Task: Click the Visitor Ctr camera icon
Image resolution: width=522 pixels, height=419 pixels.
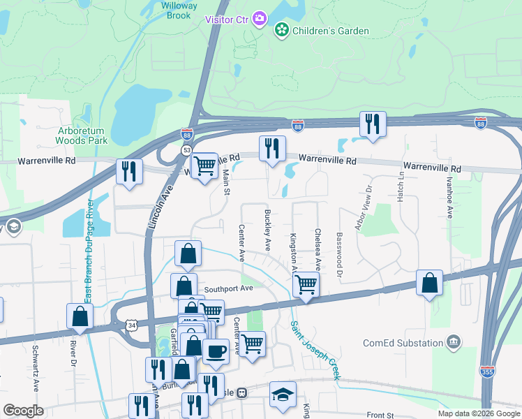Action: click(260, 18)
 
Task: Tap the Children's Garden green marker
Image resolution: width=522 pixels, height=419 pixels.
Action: click(281, 30)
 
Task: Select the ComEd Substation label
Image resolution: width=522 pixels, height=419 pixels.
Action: click(403, 343)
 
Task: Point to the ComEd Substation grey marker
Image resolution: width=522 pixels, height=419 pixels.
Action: click(454, 342)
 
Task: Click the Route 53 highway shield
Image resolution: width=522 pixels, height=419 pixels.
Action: click(187, 149)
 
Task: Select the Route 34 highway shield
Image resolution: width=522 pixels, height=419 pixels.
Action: click(133, 324)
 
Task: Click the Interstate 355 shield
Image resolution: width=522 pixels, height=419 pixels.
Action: click(486, 372)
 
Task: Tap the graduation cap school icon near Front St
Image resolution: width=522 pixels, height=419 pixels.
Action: click(283, 394)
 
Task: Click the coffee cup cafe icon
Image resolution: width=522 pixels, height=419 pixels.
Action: click(216, 351)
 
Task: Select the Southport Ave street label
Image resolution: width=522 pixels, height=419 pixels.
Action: click(228, 288)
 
